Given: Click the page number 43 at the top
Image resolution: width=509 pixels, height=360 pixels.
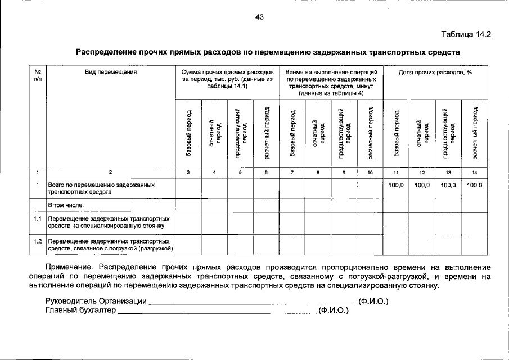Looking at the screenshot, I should (259, 17).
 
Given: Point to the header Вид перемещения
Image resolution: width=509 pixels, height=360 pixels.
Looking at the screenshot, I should (111, 73).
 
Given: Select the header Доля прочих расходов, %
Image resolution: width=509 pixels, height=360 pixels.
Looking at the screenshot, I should (434, 73).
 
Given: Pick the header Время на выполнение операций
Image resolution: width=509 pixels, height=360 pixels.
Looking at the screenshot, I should (331, 73).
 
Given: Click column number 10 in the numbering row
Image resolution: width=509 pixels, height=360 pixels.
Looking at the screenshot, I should (370, 173).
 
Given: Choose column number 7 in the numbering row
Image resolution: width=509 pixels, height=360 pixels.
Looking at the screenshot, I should (292, 173).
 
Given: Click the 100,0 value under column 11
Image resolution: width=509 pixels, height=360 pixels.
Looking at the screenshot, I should (397, 184).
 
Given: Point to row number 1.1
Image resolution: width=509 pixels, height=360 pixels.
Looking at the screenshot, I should (37, 218).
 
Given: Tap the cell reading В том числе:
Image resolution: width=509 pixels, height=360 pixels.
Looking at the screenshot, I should (66, 205).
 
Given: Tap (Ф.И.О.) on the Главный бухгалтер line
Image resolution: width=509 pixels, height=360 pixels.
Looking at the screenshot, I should (334, 310).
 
